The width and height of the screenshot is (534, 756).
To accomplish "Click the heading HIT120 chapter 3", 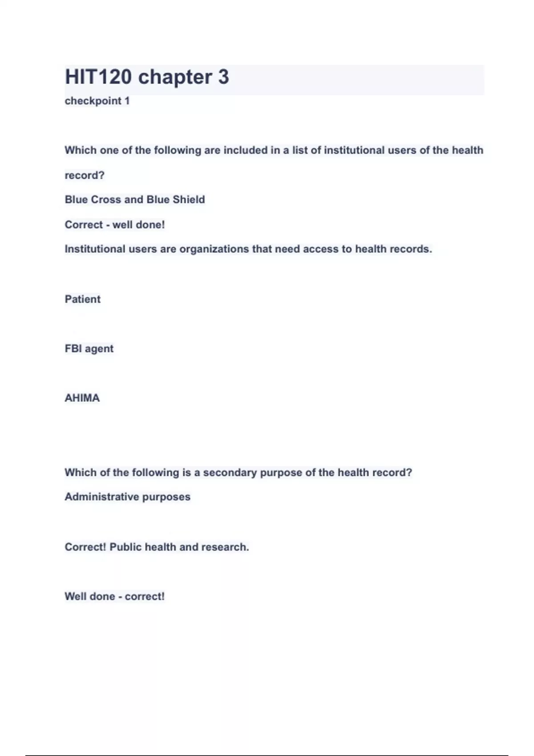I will (x=147, y=77).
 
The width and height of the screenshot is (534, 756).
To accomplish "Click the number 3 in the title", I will (x=223, y=77).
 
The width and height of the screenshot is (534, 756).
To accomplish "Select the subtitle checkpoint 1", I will (x=97, y=101).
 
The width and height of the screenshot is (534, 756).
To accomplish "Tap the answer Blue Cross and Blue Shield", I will (x=134, y=200).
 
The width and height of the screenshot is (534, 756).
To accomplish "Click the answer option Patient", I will (x=82, y=299).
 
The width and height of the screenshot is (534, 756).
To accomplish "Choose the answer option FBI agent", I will (x=89, y=349).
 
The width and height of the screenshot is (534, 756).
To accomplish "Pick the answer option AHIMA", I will (x=82, y=398).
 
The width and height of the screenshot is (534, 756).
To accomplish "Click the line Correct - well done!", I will (x=114, y=225).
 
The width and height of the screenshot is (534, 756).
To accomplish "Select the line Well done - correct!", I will (x=114, y=596).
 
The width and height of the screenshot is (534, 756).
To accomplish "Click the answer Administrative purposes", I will (x=127, y=497).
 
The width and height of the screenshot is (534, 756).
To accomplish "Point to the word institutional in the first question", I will (x=354, y=150).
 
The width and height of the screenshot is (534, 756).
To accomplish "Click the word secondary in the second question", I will (x=230, y=472).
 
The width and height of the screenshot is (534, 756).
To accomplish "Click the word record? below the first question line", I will (x=85, y=176).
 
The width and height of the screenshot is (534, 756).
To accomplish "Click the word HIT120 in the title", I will (x=98, y=77).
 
